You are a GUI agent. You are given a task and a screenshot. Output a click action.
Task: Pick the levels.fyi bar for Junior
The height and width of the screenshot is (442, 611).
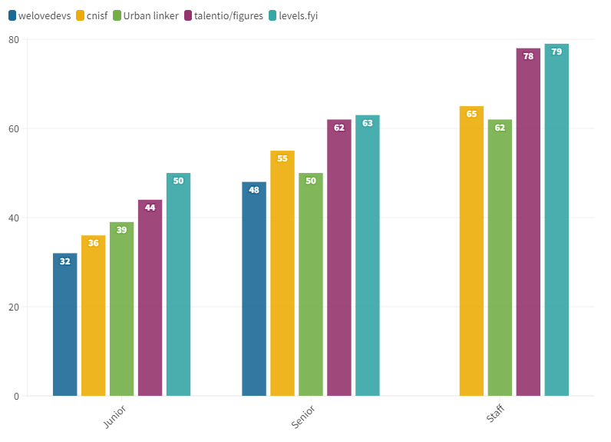click(x=178, y=284)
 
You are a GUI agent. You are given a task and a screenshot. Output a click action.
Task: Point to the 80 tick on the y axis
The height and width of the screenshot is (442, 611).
click(x=14, y=39)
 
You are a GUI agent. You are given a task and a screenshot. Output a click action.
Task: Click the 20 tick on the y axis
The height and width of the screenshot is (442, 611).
click(x=14, y=307)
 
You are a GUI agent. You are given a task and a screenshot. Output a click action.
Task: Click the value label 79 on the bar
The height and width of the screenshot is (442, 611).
click(x=557, y=52)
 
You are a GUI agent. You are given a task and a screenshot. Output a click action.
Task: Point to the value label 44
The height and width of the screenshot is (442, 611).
click(x=150, y=208)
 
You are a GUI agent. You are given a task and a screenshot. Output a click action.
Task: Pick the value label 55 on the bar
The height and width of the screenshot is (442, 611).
click(x=282, y=158)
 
